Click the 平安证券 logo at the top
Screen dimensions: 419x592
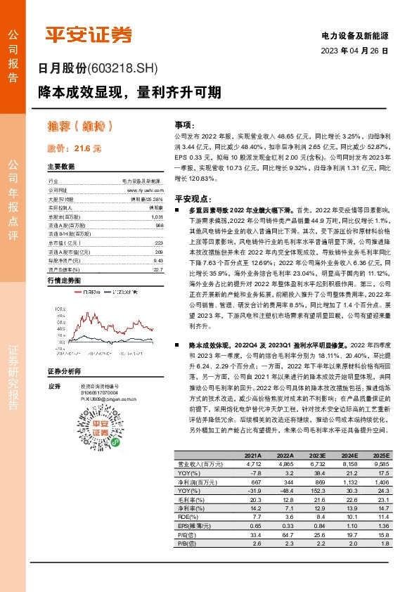point(89,34)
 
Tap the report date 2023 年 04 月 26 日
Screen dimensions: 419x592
point(354,51)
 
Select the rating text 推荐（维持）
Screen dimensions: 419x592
point(81,127)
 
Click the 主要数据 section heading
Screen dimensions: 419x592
point(61,167)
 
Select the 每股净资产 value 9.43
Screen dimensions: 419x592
point(157,260)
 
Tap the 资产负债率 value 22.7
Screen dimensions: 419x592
point(157,269)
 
